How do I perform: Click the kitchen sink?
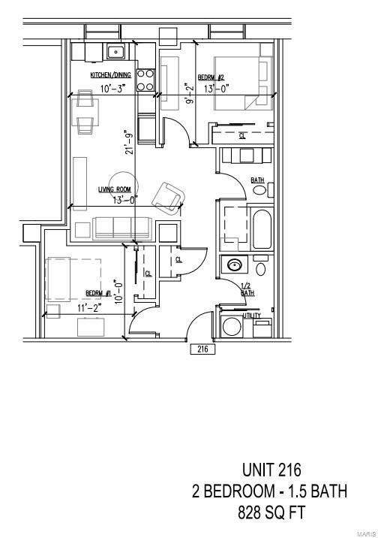[115, 52]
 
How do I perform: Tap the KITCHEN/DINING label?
[110, 75]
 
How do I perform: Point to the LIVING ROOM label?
[115, 189]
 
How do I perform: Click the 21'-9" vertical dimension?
[130, 141]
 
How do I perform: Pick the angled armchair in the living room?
[167, 197]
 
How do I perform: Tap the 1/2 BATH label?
[245, 289]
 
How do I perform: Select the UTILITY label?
[252, 316]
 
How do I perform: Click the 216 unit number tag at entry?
[202, 349]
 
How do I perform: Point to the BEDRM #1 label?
[98, 293]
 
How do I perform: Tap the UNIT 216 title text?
[271, 471]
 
